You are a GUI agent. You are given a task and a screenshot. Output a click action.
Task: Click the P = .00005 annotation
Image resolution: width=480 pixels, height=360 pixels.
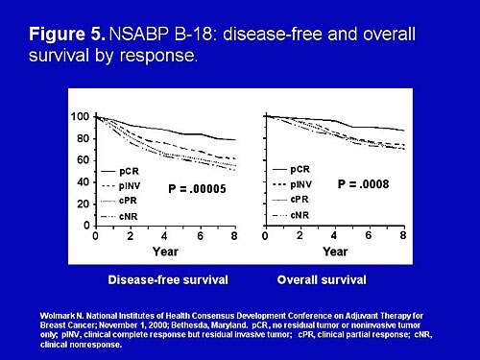(x=196, y=189)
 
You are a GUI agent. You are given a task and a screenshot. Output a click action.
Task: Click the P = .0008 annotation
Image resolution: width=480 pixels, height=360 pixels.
(x=366, y=181)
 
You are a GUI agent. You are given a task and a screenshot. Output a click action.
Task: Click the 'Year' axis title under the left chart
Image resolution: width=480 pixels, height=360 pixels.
(x=165, y=252)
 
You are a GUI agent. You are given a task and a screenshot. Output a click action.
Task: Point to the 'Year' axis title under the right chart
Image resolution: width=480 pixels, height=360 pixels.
(x=334, y=252)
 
